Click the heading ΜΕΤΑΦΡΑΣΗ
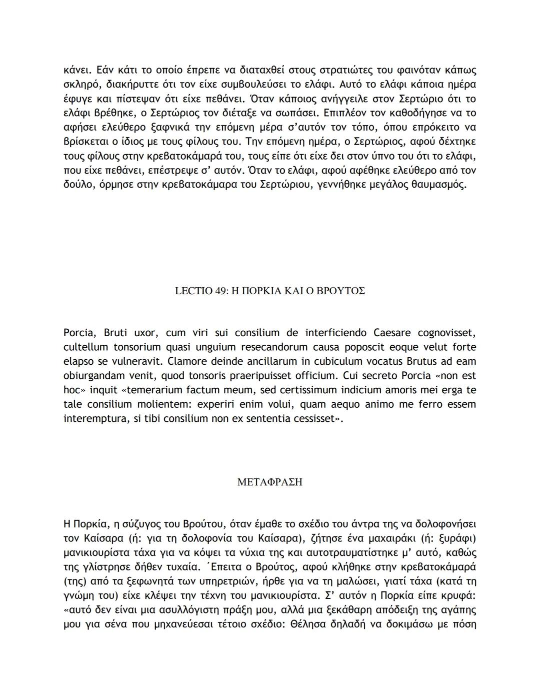(x=269, y=482)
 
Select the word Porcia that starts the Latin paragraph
(x=80, y=333)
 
